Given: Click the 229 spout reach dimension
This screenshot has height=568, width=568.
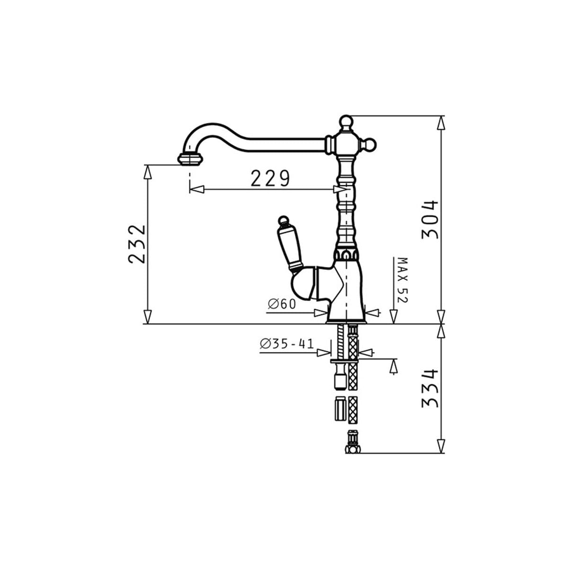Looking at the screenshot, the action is pos(270,178).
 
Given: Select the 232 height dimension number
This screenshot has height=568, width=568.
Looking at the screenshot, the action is pos(137,244).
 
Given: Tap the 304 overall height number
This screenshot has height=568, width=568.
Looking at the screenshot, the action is pos(430,220).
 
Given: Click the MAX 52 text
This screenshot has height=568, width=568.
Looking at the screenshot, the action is pos(402,280).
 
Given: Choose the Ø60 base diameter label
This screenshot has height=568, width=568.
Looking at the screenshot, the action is pos(282,304).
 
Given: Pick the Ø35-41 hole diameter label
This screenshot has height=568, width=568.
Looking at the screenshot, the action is pos(287,344).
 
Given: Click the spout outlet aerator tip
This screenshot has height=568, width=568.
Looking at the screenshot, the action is pos(191,159).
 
